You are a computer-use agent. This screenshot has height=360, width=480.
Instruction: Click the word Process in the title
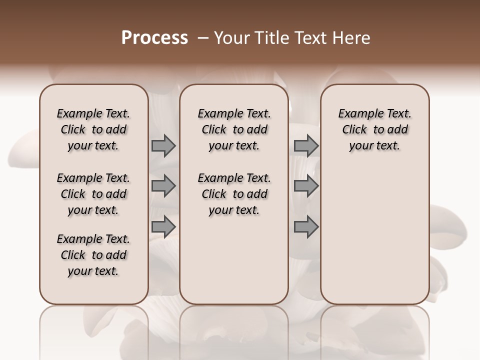click(154, 38)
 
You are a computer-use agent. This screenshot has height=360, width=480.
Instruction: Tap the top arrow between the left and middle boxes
click(163, 146)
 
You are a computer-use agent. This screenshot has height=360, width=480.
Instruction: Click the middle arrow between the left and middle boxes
click(163, 186)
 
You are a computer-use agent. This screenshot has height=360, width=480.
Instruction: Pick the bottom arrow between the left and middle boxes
click(163, 226)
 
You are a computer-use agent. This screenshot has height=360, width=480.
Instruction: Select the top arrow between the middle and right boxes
click(306, 146)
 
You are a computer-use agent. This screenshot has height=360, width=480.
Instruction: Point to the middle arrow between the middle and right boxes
click(306, 186)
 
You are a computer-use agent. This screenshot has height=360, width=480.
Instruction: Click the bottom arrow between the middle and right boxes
click(306, 226)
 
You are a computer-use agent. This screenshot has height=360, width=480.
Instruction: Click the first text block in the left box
click(93, 129)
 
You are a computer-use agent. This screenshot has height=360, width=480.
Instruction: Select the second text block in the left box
click(93, 194)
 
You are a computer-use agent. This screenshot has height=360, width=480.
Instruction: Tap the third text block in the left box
click(93, 255)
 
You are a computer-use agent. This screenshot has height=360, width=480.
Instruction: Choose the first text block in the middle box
click(234, 129)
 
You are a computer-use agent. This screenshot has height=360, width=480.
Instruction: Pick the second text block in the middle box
click(234, 194)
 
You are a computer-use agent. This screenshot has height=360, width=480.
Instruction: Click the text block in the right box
click(374, 129)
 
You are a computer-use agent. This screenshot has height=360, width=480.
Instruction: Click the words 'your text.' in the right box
click(374, 146)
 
